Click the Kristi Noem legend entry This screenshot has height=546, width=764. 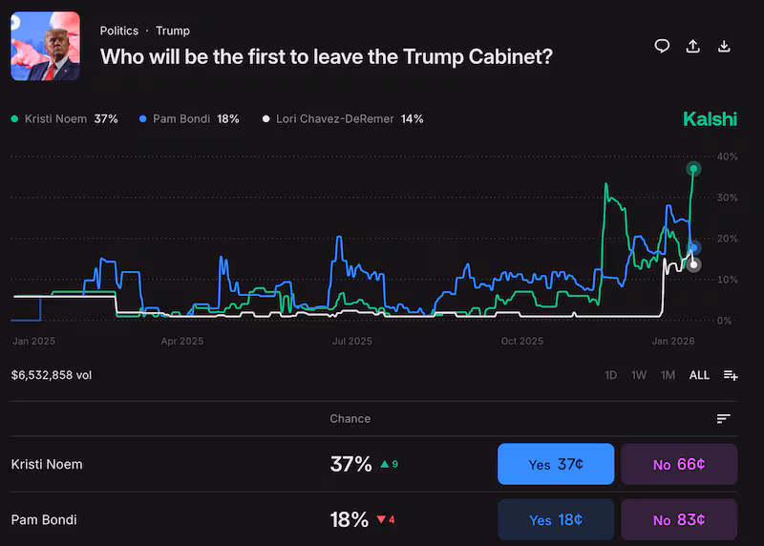(x=64, y=119)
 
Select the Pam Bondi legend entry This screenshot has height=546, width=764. (x=188, y=119)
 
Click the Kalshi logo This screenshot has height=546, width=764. (x=710, y=119)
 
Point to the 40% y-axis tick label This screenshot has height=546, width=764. (x=728, y=157)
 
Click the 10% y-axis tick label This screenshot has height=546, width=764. (x=728, y=280)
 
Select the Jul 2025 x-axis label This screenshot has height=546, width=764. (x=351, y=341)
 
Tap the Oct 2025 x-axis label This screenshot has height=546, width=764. (x=521, y=341)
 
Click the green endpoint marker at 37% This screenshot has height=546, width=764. (x=694, y=169)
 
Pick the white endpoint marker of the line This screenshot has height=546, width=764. (x=694, y=264)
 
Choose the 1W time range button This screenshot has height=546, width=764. (x=639, y=375)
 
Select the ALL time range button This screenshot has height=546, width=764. (x=699, y=375)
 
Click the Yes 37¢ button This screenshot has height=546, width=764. (x=556, y=464)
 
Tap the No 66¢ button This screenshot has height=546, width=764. (x=679, y=464)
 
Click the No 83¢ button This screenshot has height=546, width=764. (x=679, y=519)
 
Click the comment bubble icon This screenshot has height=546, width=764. (x=662, y=46)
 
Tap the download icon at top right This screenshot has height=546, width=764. (x=724, y=46)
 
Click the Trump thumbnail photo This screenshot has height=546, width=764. (x=45, y=46)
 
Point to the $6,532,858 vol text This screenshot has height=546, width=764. (x=52, y=375)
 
